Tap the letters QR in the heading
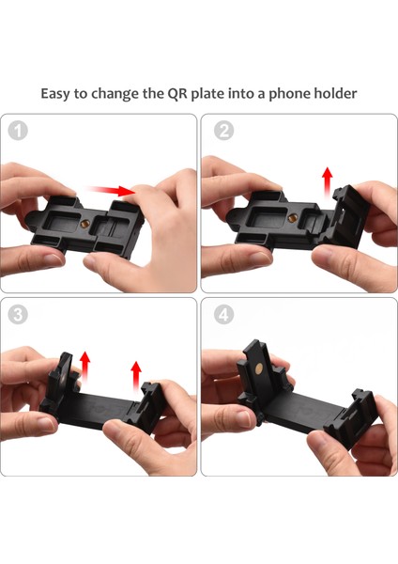click(x=177, y=93)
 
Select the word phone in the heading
click(x=289, y=94)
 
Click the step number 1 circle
click(x=18, y=131)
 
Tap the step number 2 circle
click(x=223, y=131)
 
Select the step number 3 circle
click(x=18, y=315)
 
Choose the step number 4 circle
click(x=223, y=315)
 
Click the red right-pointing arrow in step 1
click(x=111, y=191)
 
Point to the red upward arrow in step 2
click(x=328, y=182)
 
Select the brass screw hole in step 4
click(x=258, y=368)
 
